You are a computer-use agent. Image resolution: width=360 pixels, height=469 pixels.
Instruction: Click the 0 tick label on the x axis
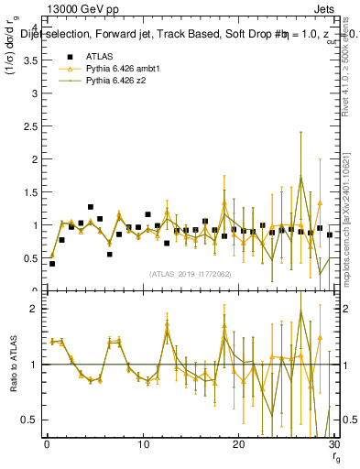tap(47, 445)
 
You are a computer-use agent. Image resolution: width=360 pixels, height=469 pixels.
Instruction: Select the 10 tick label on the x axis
tap(142, 445)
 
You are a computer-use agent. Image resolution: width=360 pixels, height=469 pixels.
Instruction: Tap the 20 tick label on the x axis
tap(237, 445)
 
